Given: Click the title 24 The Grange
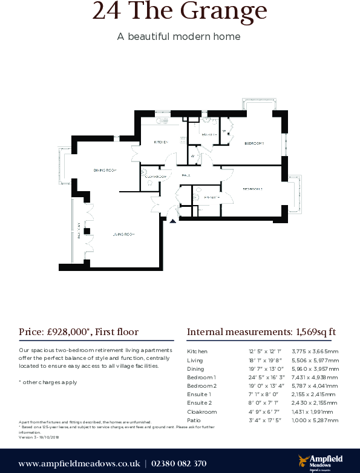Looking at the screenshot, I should pos(179,11).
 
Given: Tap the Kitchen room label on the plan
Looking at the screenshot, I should pos(160,142).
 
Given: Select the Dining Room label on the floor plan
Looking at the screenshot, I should pos(103,171).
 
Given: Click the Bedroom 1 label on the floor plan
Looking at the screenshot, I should pos(254,143).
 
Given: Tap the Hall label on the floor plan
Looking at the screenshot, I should pos(186,175).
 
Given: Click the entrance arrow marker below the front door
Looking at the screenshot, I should pos(173,221).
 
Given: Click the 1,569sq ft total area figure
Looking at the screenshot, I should pos(315,331).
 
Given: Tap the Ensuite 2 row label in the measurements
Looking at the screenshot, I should pos(200,403).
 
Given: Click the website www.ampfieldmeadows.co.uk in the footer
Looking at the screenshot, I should pos(79,463).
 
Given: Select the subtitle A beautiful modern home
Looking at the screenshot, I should pos(178,36).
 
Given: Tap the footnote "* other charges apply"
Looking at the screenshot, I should pos(48,382).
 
